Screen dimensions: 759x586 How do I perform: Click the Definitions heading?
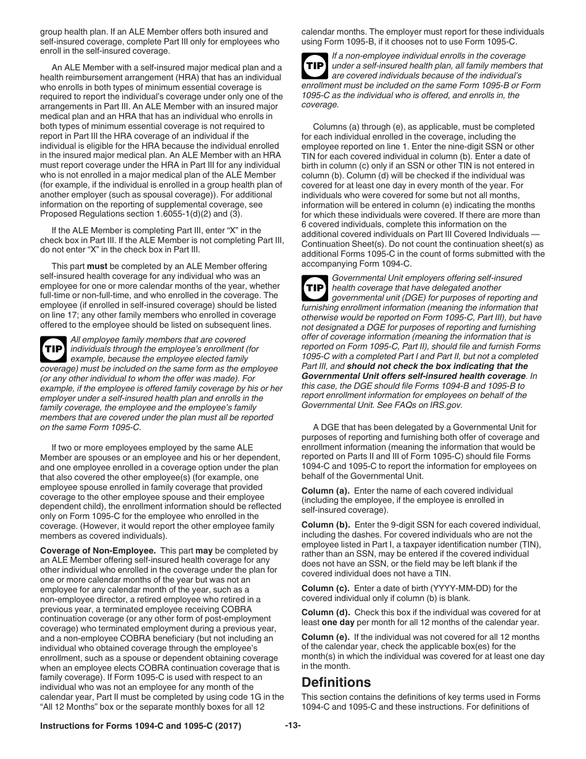click(x=336, y=682)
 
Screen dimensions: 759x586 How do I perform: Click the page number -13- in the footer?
click(x=292, y=726)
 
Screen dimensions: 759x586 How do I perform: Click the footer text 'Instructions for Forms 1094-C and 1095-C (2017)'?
click(x=140, y=726)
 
